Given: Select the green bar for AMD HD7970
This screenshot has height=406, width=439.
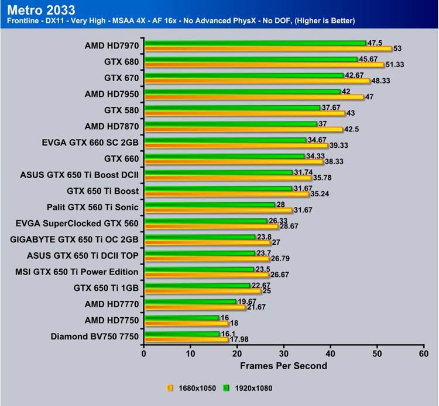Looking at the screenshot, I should pos(255,43).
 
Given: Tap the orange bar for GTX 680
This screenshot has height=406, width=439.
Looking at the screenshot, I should pos(263,65).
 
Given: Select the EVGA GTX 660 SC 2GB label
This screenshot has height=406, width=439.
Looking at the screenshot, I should pos(91,141).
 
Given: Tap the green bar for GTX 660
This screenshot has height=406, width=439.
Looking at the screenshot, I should pos(224,156).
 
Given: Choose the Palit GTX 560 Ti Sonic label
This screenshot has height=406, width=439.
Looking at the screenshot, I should pos(93,207).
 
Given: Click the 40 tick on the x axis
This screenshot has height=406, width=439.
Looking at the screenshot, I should pos(330,353).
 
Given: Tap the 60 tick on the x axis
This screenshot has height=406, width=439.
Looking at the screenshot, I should pos(423,353).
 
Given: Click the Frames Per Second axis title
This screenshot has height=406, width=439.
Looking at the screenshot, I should pos(283,366).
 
